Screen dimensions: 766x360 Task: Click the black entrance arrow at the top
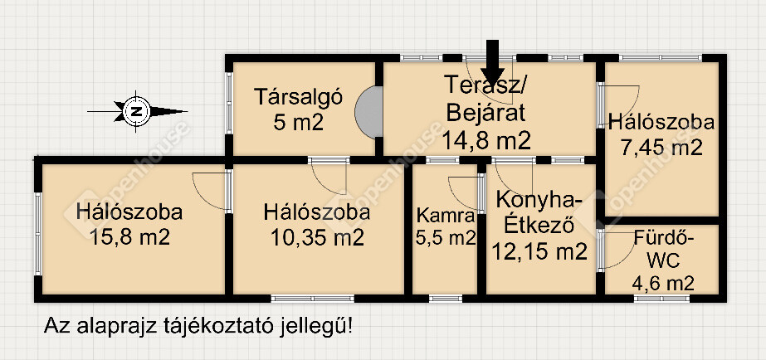[x=492, y=62]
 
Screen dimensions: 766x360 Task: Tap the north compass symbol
[x=137, y=111]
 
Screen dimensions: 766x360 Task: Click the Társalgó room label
[x=298, y=95]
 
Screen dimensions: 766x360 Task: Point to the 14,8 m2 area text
[x=486, y=141]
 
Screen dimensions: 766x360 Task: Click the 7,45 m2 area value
[x=661, y=147]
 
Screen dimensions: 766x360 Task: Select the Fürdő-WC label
[x=663, y=250]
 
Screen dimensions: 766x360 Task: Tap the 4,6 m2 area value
[x=663, y=283]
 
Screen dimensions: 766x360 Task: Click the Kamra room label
[x=446, y=216]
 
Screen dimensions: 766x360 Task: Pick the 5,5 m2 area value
[x=446, y=238]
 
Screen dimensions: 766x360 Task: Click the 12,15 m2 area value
[x=539, y=252]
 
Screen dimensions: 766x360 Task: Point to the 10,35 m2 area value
[x=316, y=237]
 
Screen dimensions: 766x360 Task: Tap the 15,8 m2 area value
[x=129, y=237]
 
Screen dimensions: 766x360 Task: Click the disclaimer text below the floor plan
[x=198, y=325]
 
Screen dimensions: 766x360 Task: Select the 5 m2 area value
[x=298, y=122]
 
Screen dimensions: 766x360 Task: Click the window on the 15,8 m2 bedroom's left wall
[x=38, y=233]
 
